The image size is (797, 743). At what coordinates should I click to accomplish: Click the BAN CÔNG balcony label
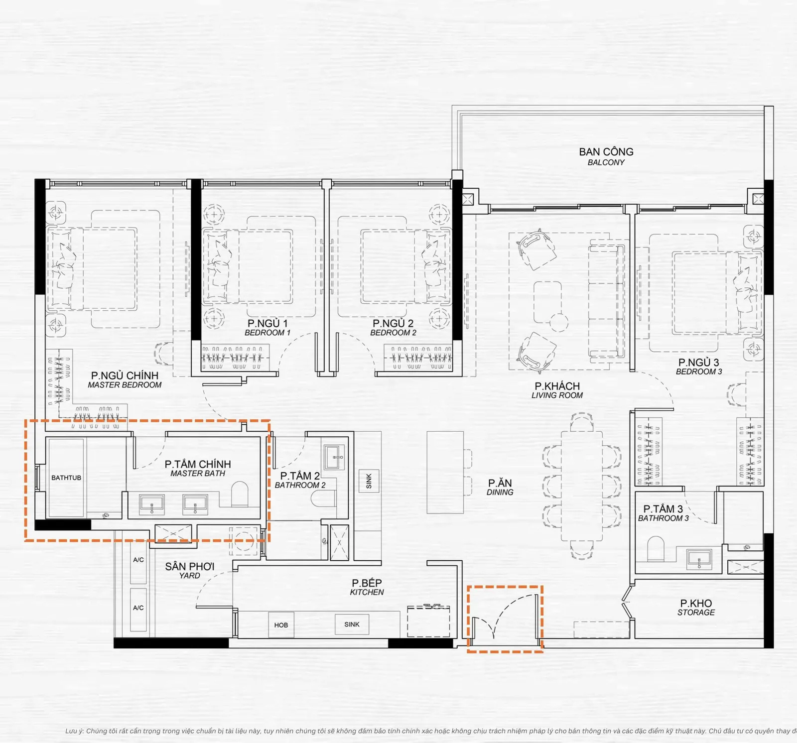click(x=606, y=156)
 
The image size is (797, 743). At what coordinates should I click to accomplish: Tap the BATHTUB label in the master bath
click(x=66, y=478)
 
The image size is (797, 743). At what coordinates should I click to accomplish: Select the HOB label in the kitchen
click(x=281, y=625)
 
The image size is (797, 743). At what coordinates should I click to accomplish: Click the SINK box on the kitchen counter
click(x=352, y=624)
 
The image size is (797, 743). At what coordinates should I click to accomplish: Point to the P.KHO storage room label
click(x=696, y=608)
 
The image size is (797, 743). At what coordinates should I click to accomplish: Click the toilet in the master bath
click(x=240, y=494)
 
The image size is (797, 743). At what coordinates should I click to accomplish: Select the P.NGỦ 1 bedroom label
click(x=267, y=328)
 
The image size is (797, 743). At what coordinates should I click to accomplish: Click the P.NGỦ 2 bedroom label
click(x=393, y=328)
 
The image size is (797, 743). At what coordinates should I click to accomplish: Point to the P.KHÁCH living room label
click(x=557, y=390)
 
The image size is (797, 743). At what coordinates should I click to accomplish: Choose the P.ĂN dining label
click(x=500, y=487)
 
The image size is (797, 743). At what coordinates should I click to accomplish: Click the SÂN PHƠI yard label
click(x=190, y=571)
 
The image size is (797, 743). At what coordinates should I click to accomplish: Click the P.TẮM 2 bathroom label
click(x=300, y=480)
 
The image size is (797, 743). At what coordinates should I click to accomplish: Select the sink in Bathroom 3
click(x=699, y=559)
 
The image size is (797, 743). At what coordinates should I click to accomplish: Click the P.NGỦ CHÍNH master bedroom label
click(x=125, y=380)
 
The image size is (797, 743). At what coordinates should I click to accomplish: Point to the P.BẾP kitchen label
click(x=367, y=587)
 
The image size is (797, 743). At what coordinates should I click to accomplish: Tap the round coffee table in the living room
click(x=559, y=322)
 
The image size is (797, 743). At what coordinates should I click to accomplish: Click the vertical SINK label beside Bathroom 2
click(x=369, y=481)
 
